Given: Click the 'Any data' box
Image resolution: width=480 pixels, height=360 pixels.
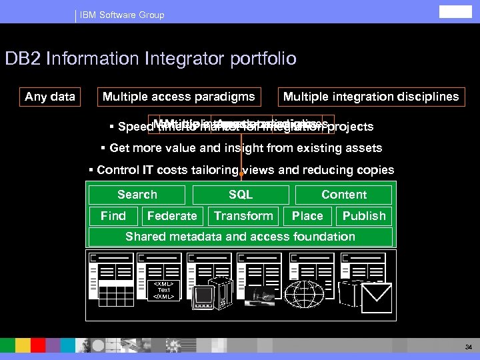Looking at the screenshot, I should pos(50,97).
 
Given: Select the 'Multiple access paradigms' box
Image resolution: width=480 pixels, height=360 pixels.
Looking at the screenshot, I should pos(179,97).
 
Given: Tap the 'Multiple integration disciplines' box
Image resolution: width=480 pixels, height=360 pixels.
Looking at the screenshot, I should pos(371,97).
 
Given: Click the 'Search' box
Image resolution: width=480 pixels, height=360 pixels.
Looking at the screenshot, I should pos(137,195).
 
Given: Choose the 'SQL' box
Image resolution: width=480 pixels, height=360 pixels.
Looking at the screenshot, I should pos(241,195).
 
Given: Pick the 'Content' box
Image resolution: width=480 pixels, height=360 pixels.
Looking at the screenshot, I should pos(344,195).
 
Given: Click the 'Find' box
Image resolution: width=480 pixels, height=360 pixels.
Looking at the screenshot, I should pos(113,216).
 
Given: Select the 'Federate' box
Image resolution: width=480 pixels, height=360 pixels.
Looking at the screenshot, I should pos(172,216).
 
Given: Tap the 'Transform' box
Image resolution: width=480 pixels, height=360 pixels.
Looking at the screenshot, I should pos(243,216).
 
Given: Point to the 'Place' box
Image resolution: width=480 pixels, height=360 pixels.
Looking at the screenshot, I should pos(307,216).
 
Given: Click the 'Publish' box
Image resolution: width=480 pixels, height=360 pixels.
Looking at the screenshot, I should pos(364,216).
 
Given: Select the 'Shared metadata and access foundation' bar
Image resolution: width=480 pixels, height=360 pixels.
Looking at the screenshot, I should pos(241,237).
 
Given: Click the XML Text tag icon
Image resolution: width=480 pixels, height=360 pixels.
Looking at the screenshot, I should pos(163,291).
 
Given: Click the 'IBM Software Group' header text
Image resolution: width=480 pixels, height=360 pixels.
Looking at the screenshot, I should pos(121,15).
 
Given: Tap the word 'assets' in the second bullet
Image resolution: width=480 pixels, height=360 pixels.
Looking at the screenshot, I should pos(364,148).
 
